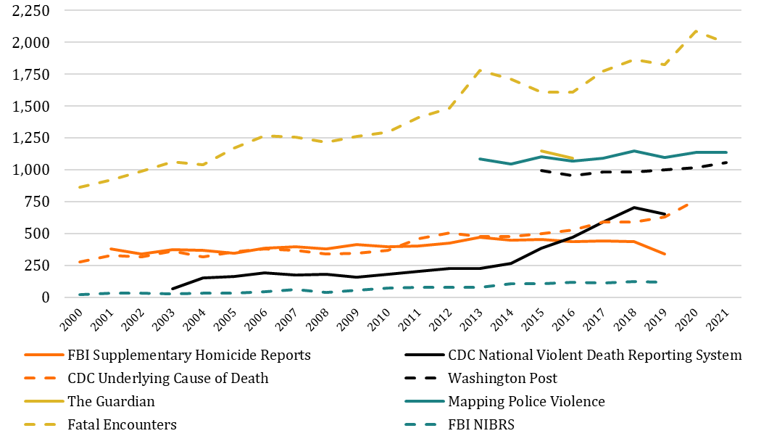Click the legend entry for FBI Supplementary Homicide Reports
(188, 355)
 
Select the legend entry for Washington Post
(502, 378)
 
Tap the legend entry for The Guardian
(111, 401)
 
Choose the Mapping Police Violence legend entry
(526, 401)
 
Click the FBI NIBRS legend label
(481, 424)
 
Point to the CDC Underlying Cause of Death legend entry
(168, 378)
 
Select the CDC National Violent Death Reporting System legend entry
(595, 355)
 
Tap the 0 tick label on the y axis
(46, 297)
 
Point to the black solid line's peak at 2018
(635, 207)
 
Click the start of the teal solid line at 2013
(480, 158)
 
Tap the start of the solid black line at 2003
(172, 289)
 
